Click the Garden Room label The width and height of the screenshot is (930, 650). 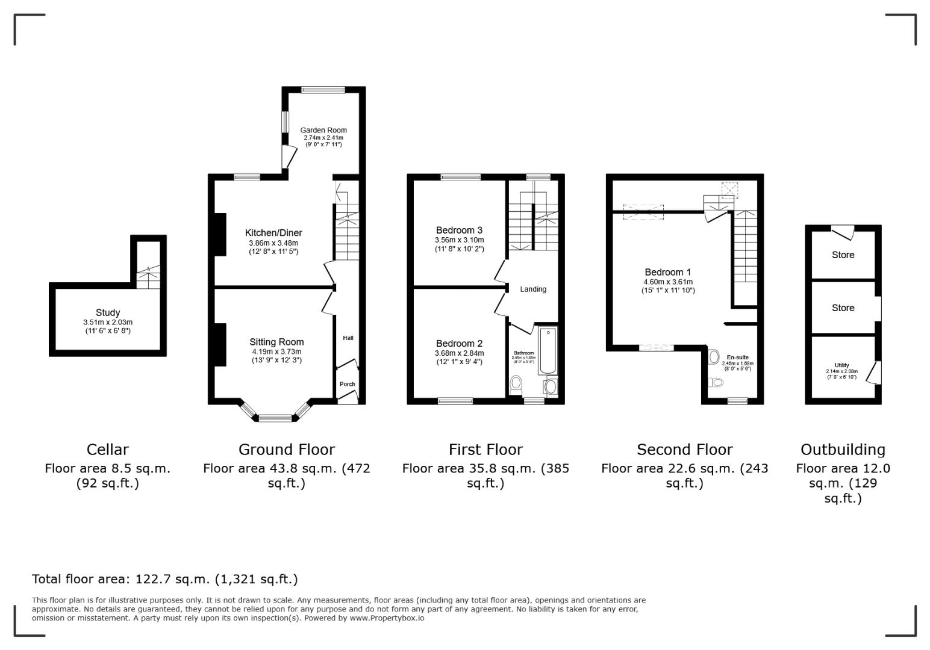click(x=323, y=130)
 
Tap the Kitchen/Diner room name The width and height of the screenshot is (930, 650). click(x=273, y=233)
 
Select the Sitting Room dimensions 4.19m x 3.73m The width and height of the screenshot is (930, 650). click(x=276, y=351)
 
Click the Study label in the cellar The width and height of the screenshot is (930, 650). click(x=108, y=312)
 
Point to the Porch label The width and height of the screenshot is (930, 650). click(x=348, y=384)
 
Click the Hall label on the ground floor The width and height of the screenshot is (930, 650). click(x=348, y=338)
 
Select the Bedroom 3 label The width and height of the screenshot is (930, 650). click(x=459, y=230)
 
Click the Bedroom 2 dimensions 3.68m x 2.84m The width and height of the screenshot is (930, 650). click(x=459, y=353)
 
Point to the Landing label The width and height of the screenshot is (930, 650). click(x=533, y=289)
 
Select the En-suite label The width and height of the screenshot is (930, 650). click(x=738, y=357)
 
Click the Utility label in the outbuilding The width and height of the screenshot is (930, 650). click(x=841, y=365)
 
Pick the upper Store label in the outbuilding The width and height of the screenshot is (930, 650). click(x=843, y=255)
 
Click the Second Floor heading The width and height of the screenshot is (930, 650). click(x=684, y=450)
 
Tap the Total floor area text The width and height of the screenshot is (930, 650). click(x=164, y=579)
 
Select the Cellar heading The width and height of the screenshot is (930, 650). click(x=108, y=450)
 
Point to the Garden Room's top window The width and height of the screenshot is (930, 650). click(x=323, y=90)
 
